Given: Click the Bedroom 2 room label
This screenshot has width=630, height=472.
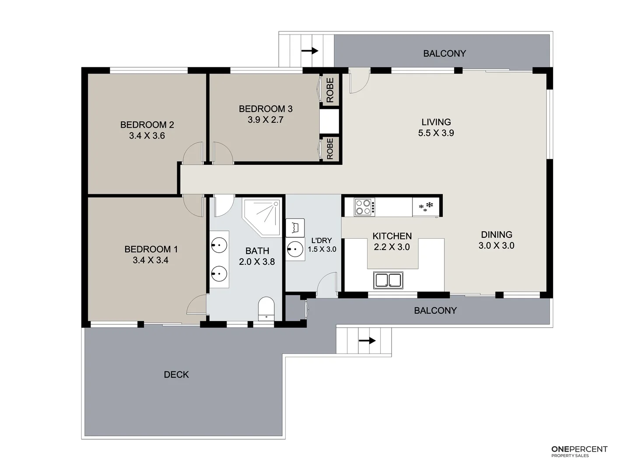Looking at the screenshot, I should coord(147,125).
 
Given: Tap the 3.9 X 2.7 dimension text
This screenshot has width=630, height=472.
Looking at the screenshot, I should coord(266,120).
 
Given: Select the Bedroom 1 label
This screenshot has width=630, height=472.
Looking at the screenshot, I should coord(151,249).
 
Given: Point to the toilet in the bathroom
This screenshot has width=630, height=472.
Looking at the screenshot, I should coord(266,308).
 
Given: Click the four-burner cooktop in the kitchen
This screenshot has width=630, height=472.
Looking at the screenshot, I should coord(364,207).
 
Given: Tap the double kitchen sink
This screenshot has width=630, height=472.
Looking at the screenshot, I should coord(388,280).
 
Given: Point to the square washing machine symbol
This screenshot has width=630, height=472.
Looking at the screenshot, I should coord(295,227).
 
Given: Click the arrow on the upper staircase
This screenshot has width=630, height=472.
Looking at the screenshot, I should coord(310,51).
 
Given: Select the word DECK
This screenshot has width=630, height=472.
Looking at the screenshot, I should coord(176,375).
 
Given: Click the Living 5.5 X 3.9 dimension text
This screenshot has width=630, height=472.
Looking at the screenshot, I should coord(436,133).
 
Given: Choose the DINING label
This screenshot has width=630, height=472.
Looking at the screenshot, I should coord(497,235).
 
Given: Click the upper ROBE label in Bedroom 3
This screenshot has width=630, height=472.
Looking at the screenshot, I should coord(330,90).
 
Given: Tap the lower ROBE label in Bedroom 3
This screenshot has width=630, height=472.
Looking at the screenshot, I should coord(330,149).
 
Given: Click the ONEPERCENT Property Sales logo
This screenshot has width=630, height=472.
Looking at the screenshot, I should coord(579,451).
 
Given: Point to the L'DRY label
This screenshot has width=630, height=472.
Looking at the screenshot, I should coord(322,240).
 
